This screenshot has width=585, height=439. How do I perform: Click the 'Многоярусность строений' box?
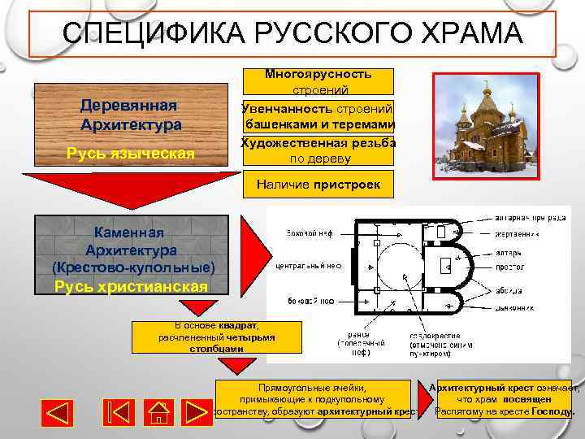(x=318, y=81)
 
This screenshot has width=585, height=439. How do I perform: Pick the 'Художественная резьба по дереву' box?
(x=318, y=150)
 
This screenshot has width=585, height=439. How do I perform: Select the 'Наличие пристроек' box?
(x=318, y=185)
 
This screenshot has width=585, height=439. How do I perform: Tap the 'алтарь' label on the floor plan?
(x=509, y=251)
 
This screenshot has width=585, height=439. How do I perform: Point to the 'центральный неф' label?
(x=307, y=265)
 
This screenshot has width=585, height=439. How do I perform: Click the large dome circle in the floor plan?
(x=399, y=266)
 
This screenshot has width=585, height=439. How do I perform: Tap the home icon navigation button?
(x=158, y=413)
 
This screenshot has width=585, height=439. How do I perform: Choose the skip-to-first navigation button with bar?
(x=119, y=413)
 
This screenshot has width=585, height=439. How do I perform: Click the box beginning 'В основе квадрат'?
(x=216, y=337)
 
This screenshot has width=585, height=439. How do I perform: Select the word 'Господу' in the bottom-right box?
(x=552, y=411)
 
